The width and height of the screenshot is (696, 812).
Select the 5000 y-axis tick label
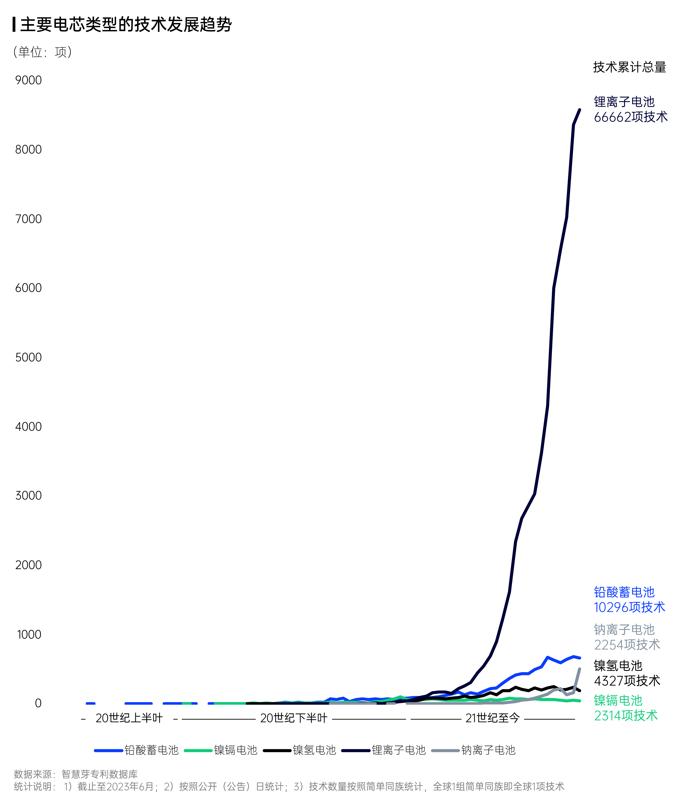click(x=28, y=357)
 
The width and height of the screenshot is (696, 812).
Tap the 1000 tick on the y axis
click(x=29, y=635)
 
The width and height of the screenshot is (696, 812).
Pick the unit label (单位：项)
click(x=42, y=52)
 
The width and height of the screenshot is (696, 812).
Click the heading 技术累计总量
click(x=629, y=67)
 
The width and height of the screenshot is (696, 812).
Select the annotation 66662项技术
click(x=631, y=117)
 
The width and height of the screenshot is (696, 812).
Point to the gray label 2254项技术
click(x=627, y=645)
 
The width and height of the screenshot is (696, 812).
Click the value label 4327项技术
click(x=627, y=681)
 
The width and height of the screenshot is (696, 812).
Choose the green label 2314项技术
click(x=626, y=716)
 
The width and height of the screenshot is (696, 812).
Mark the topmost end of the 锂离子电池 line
click(x=580, y=110)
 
